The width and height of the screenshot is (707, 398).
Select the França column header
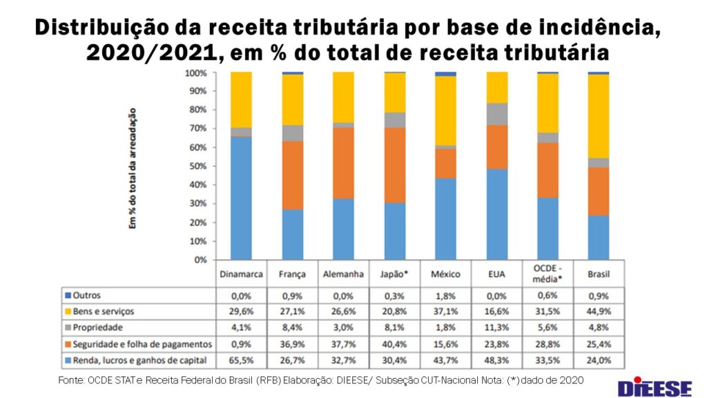point(292,274)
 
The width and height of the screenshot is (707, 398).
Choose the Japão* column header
point(394,274)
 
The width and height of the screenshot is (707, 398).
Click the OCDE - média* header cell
point(548,273)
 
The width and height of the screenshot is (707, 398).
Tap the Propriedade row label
point(99,328)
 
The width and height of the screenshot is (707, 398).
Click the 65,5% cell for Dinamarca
point(241,360)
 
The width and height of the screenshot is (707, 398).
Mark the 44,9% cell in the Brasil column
point(599,311)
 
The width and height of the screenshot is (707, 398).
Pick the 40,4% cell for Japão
point(394,343)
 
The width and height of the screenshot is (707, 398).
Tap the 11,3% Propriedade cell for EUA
point(496,328)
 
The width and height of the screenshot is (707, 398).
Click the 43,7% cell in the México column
point(445,360)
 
